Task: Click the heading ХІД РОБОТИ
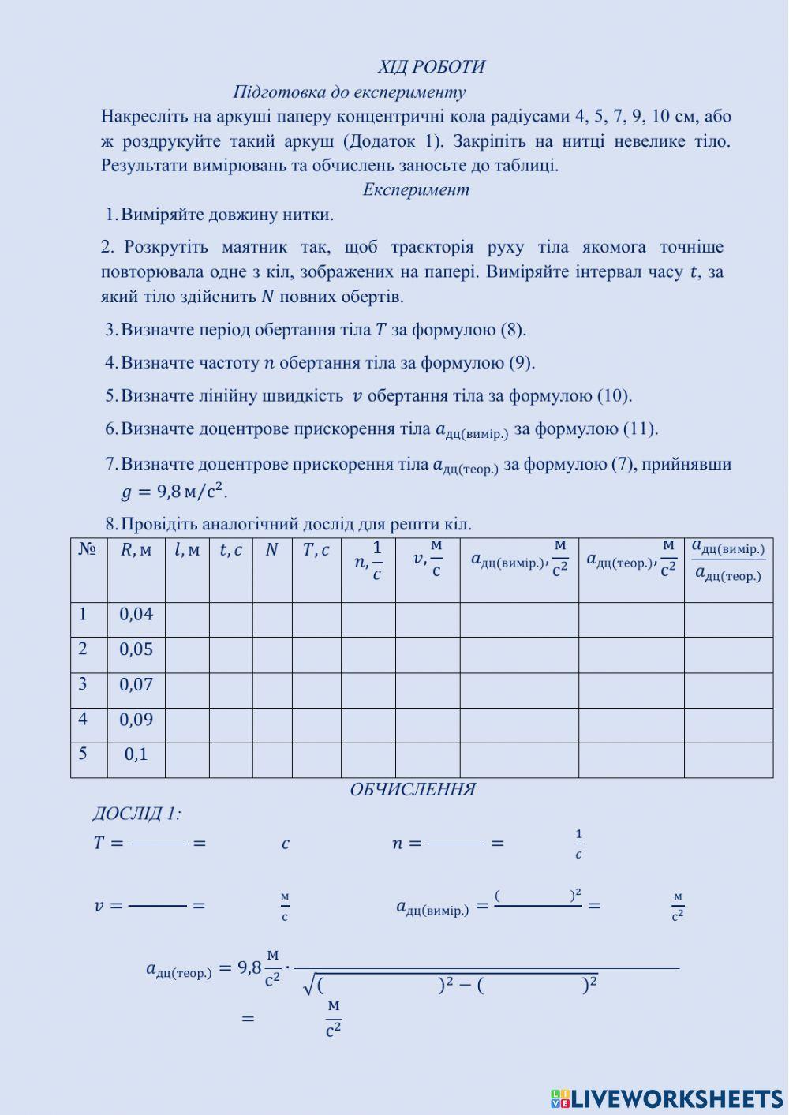pos(431,67)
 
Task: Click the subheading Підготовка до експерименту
pos(349,92)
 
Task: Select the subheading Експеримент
pos(416,189)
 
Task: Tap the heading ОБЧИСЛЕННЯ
pos(413,790)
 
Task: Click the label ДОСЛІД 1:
pos(136,814)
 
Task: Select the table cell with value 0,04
pos(136,615)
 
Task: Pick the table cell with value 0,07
pos(136,685)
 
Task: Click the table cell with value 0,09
pos(136,720)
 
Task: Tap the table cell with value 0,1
pos(136,754)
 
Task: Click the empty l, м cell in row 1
pos(187,620)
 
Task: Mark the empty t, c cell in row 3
pos(230,690)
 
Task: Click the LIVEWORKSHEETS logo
pos(667,1099)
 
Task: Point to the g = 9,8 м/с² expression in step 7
pos(174,492)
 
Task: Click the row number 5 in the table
pos(83,754)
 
